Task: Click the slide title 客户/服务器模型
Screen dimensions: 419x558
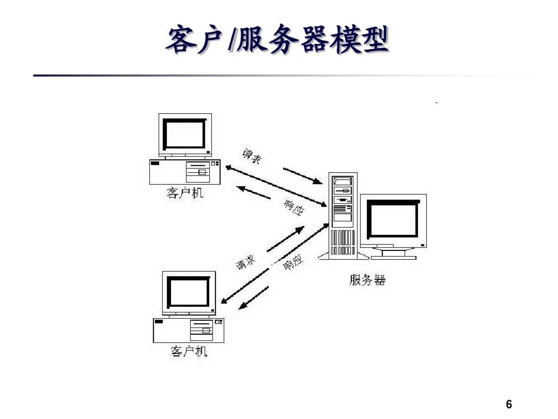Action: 277,40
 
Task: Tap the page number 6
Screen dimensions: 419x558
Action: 509,404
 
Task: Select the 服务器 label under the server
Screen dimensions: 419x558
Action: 367,280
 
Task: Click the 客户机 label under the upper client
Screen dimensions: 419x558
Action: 185,193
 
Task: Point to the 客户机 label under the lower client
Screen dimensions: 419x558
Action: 189,351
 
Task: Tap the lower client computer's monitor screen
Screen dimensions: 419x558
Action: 188,292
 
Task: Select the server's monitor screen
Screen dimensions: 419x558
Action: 393,219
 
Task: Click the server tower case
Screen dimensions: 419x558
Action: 343,215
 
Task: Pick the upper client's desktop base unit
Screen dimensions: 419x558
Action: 185,172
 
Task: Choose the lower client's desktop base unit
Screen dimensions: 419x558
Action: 189,331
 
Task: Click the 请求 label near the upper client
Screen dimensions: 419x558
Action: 252,156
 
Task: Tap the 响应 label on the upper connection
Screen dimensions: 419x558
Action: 294,208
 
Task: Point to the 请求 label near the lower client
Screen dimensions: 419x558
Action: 246,263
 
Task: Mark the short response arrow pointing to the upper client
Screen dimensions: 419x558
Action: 253,192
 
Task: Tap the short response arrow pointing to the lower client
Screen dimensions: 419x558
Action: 254,298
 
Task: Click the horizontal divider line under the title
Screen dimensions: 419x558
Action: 271,75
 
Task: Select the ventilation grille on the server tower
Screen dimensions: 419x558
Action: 343,242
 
